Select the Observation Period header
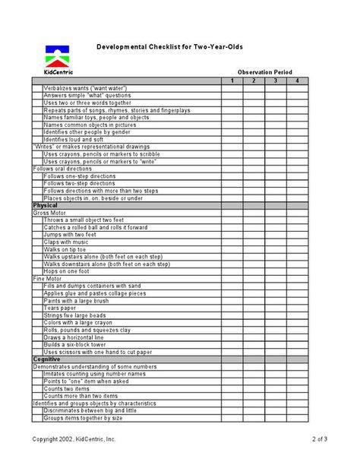click(x=264, y=71)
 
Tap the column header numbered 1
click(x=232, y=81)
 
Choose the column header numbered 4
click(x=297, y=81)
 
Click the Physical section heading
click(x=46, y=205)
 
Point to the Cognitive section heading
click(x=47, y=359)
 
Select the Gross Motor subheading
click(x=51, y=213)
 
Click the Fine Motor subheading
click(x=49, y=278)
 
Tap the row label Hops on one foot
click(x=66, y=271)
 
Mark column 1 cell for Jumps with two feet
click(x=232, y=235)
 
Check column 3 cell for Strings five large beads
click(x=276, y=315)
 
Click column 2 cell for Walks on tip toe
click(x=254, y=249)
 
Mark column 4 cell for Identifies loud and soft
click(x=297, y=139)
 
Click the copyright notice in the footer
click(x=74, y=439)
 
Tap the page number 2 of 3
click(x=320, y=439)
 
